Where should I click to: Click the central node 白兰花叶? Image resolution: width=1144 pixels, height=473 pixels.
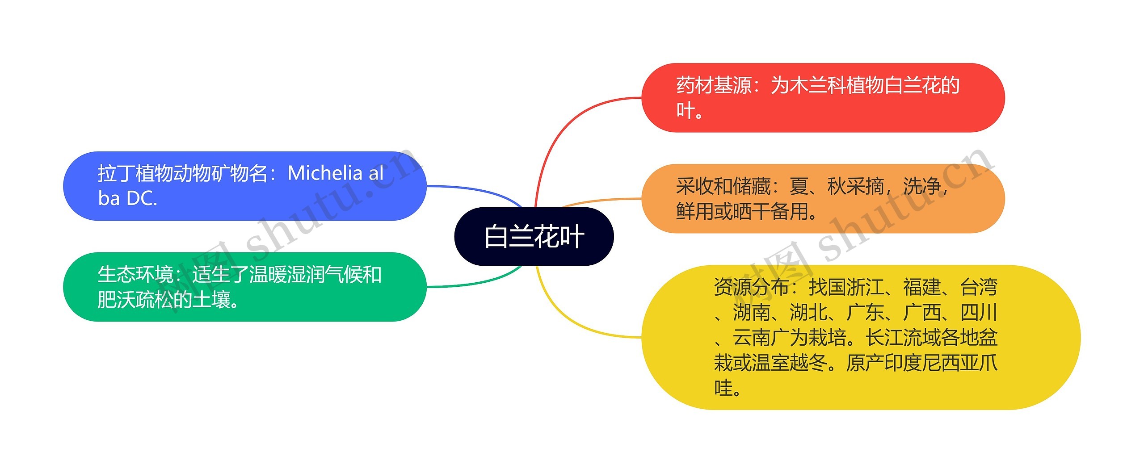pos(534,236)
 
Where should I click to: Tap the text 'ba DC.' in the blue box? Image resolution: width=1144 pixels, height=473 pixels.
pos(128,199)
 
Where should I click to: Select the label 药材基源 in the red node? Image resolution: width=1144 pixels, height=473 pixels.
pos(714,85)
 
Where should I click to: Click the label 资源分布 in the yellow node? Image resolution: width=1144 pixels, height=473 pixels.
pos(751,287)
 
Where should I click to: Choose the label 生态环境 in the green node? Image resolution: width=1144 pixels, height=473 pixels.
pos(135,274)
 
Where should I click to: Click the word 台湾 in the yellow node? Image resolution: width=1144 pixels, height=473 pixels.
pos(979,287)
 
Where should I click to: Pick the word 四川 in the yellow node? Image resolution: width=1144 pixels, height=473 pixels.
pos(979,313)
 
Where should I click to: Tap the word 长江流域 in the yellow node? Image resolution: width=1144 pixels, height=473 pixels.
pos(903,338)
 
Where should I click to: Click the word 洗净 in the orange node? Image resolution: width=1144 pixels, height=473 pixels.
pos(921,186)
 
